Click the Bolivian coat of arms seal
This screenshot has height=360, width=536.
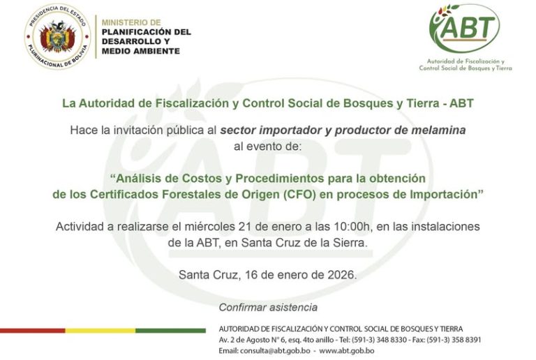58,36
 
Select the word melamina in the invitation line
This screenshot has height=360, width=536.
442,130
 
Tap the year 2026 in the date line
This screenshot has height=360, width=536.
342,275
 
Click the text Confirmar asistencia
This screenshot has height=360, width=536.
268,307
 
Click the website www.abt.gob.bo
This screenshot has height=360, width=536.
347,350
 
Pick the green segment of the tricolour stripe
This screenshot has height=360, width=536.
170,331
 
